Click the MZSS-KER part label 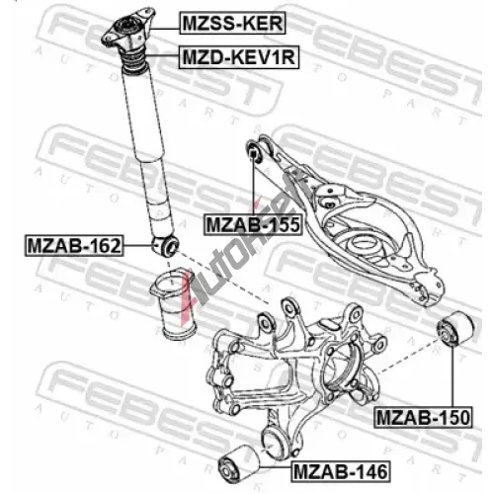coord(232,23)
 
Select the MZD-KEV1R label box coord(239,57)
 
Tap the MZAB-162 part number coord(74,245)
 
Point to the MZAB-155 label coord(253,224)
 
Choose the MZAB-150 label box coord(423,417)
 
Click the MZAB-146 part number coord(341,471)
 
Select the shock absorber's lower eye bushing coord(165,246)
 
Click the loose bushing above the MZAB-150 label coord(455,329)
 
